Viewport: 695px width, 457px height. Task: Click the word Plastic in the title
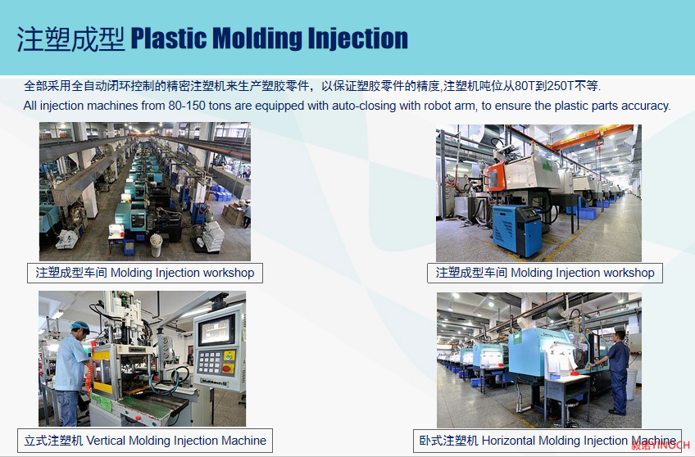169,38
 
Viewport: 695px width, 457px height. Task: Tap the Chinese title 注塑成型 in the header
71,39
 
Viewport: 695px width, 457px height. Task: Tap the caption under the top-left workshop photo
145,273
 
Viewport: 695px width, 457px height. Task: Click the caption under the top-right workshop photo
545,273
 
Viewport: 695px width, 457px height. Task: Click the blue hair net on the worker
80,326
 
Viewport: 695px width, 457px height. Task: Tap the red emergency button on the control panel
228,368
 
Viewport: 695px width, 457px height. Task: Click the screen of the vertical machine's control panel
216,330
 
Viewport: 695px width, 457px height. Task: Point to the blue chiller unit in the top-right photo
517,230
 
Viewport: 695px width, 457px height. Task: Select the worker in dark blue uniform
616,372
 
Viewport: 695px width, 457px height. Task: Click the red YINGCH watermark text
661,446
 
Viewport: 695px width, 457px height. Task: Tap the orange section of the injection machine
495,176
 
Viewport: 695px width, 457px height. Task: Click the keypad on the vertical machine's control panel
209,362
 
